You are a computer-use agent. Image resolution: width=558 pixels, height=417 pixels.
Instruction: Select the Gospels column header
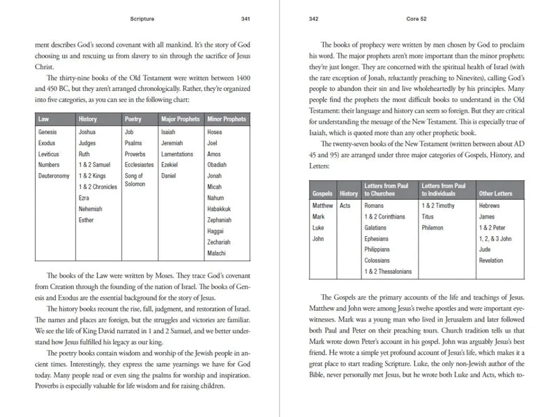322,193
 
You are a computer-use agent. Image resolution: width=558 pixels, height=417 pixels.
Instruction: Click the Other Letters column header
497,193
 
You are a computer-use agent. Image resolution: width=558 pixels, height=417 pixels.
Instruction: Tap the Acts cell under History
345,206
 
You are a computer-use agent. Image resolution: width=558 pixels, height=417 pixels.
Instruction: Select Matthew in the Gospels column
324,206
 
